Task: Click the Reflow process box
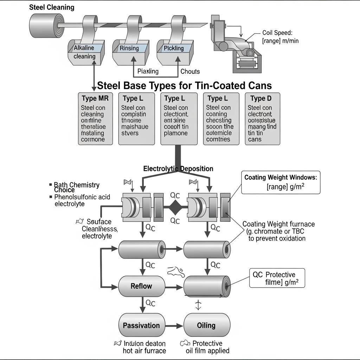point(141,286)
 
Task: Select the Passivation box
point(141,325)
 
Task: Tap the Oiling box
point(206,325)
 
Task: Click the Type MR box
point(95,119)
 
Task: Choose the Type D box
point(263,119)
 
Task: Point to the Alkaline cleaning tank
point(85,52)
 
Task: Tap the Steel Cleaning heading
point(51,7)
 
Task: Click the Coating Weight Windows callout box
point(281,182)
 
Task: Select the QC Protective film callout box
point(277,278)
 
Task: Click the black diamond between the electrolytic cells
point(175,208)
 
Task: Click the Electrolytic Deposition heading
point(178,169)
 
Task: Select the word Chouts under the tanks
point(190,71)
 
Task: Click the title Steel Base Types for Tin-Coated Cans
point(184,85)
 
